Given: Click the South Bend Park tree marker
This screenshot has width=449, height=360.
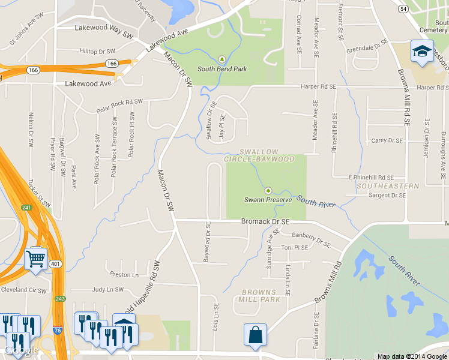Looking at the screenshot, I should tap(222, 59).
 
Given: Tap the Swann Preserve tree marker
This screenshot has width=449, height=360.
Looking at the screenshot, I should tap(268, 190).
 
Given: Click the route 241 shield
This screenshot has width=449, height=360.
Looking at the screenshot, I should tap(26, 208).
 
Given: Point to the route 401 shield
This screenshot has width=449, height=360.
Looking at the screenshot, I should tap(55, 263).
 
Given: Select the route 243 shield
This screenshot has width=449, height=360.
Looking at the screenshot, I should tap(60, 298).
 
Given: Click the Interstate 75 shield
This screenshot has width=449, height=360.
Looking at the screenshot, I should tap(55, 347).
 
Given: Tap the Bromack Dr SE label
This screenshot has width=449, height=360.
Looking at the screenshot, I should tap(265, 221).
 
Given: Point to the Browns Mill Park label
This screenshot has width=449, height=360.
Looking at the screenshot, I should tap(259, 295).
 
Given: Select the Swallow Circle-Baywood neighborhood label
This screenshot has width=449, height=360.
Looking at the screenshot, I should tap(259, 155).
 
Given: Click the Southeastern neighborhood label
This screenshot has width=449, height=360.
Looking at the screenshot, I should tap(388, 186).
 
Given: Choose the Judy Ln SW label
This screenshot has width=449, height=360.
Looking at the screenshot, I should tap(107, 289).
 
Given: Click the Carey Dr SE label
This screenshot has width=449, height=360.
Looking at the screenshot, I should tap(387, 140).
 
